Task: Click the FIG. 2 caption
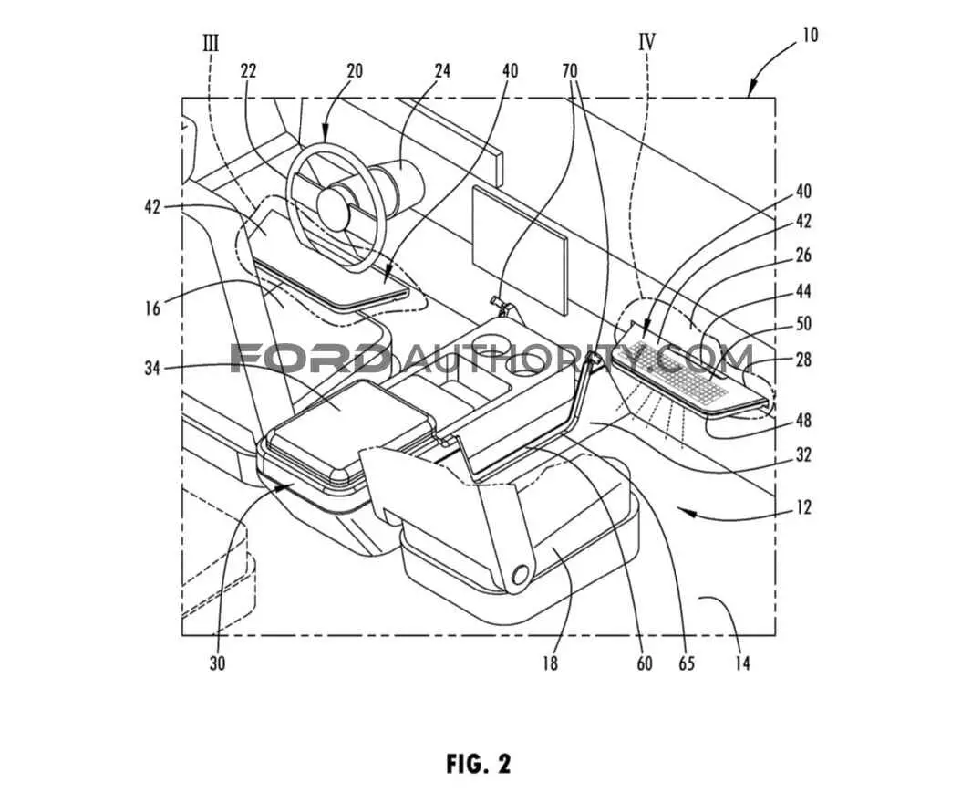coord(478,763)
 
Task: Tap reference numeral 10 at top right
coord(810,35)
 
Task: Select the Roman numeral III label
coord(211,43)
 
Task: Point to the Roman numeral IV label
coord(646,42)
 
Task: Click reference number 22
coord(248,71)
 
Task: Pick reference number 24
coord(441,71)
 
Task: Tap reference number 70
coord(569,71)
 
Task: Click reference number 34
coord(152,368)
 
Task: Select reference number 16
coord(152,308)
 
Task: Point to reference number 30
coord(217,663)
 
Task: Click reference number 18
coord(549,663)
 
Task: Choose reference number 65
coord(687,663)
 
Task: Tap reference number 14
coord(742,663)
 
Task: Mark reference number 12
coord(803,507)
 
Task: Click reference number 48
coord(803,421)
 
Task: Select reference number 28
coord(803,360)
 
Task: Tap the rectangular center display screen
coord(520,249)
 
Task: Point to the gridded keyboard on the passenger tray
coord(672,370)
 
